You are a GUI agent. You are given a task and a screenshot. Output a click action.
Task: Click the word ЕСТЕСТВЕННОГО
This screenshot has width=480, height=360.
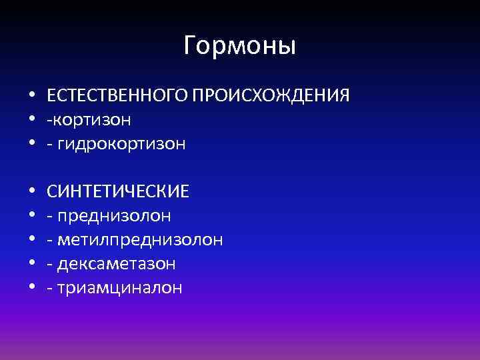point(117,96)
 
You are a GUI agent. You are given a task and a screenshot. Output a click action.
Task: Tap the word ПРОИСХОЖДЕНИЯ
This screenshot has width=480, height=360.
point(270,96)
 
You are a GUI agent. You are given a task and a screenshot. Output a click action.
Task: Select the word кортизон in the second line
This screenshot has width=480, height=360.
point(92,120)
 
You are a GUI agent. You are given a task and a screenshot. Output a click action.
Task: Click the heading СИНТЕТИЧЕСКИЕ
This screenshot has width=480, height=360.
point(118,192)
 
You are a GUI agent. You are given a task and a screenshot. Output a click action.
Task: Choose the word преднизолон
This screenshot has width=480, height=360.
point(114,216)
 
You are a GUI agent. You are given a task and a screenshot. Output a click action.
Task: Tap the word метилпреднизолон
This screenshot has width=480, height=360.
point(140,240)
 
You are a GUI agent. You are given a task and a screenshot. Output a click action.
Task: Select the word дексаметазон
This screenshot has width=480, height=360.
point(117,264)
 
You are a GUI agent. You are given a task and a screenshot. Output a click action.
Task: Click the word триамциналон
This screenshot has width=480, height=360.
point(119,288)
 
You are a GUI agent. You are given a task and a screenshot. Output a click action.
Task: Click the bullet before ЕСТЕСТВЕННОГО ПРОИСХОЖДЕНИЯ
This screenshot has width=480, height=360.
point(31,96)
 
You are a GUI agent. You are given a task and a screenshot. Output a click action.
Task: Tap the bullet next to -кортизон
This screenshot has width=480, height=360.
point(31,120)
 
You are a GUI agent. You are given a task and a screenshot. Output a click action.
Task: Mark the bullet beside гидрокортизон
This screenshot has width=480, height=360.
point(31,144)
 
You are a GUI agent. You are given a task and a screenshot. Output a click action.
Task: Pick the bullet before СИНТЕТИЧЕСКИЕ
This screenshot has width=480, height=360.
point(31,192)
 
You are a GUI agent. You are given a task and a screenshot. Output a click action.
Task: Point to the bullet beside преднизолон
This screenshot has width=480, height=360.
point(31,216)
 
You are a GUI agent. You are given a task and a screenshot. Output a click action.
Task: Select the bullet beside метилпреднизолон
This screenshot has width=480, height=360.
point(31,240)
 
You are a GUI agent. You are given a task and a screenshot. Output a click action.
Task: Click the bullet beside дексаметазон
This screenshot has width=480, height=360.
point(31,264)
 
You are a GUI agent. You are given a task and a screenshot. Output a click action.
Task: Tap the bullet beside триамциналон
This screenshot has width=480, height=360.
point(31,288)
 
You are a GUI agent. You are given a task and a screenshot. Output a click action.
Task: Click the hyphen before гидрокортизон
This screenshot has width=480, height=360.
point(50,145)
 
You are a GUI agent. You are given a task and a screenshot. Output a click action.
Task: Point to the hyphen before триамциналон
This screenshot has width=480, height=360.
point(50,289)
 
